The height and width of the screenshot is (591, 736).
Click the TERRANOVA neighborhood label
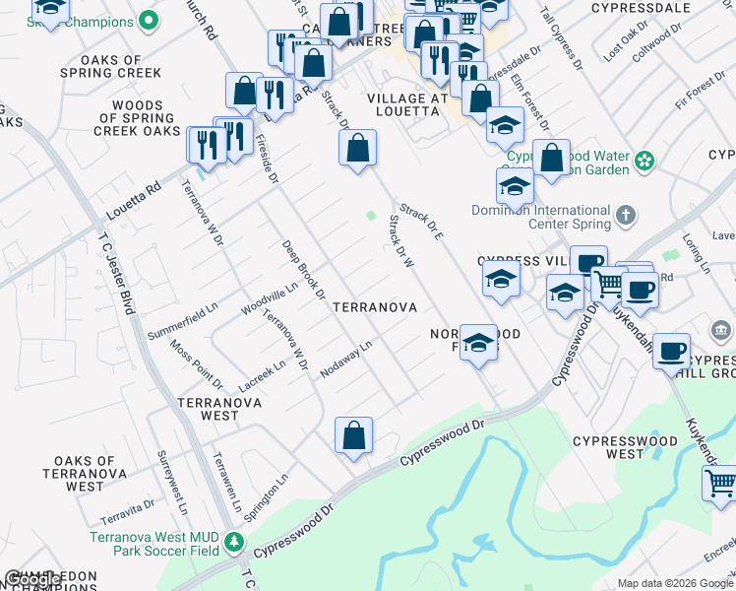tap(375, 307)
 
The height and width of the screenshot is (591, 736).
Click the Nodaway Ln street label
tap(346, 359)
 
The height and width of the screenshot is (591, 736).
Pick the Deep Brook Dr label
tap(302, 268)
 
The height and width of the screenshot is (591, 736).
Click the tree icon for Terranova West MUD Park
tap(233, 543)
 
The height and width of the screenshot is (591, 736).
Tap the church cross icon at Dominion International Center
tap(625, 215)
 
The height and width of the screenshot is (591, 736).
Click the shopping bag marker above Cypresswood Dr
tap(353, 434)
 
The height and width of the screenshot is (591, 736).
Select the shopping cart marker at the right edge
tap(719, 484)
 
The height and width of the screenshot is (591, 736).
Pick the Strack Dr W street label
tap(402, 242)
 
